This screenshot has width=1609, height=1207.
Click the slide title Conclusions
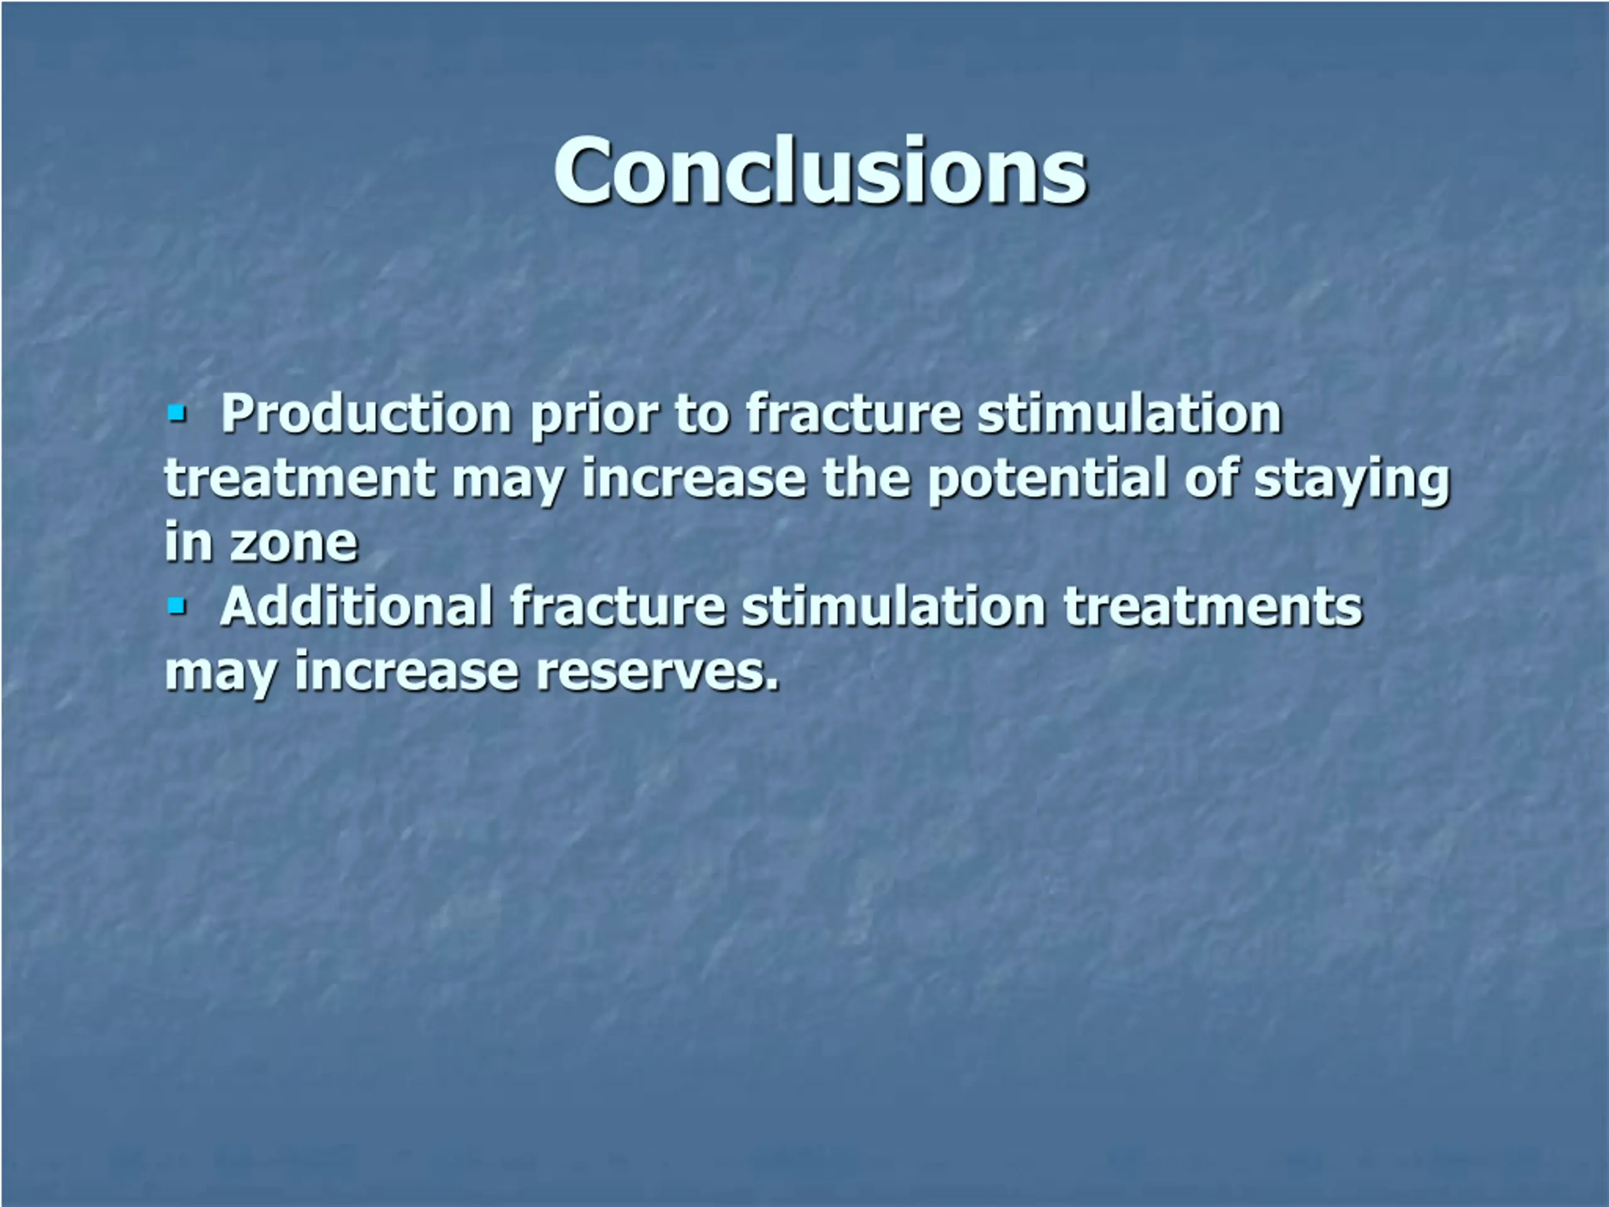coord(820,171)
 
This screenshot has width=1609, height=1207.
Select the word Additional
coord(356,607)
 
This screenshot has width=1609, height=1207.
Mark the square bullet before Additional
coord(177,605)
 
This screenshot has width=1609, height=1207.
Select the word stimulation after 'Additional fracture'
coord(894,607)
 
